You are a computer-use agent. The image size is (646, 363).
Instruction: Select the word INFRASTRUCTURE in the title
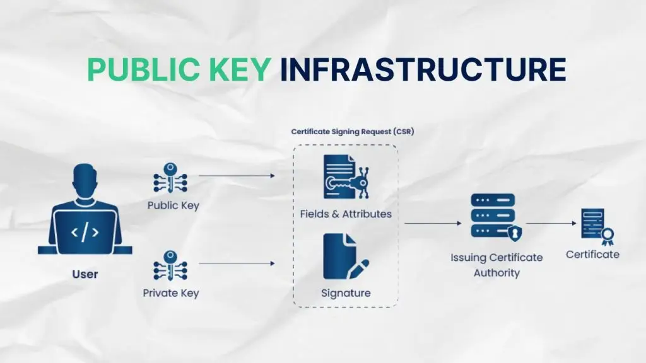point(423,70)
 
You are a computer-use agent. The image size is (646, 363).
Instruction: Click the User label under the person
point(85,274)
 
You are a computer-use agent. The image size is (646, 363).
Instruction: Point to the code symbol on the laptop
point(85,232)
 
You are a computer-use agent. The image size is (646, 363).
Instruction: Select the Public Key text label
point(173,205)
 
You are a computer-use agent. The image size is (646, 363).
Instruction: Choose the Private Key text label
point(170,293)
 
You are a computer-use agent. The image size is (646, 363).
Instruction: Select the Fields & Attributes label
point(346,214)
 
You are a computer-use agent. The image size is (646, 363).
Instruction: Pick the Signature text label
point(346,293)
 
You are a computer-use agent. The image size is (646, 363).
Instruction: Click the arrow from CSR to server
point(433,223)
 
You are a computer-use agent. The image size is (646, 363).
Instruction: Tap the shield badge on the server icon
point(515,234)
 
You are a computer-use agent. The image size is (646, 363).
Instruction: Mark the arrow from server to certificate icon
point(552,223)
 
